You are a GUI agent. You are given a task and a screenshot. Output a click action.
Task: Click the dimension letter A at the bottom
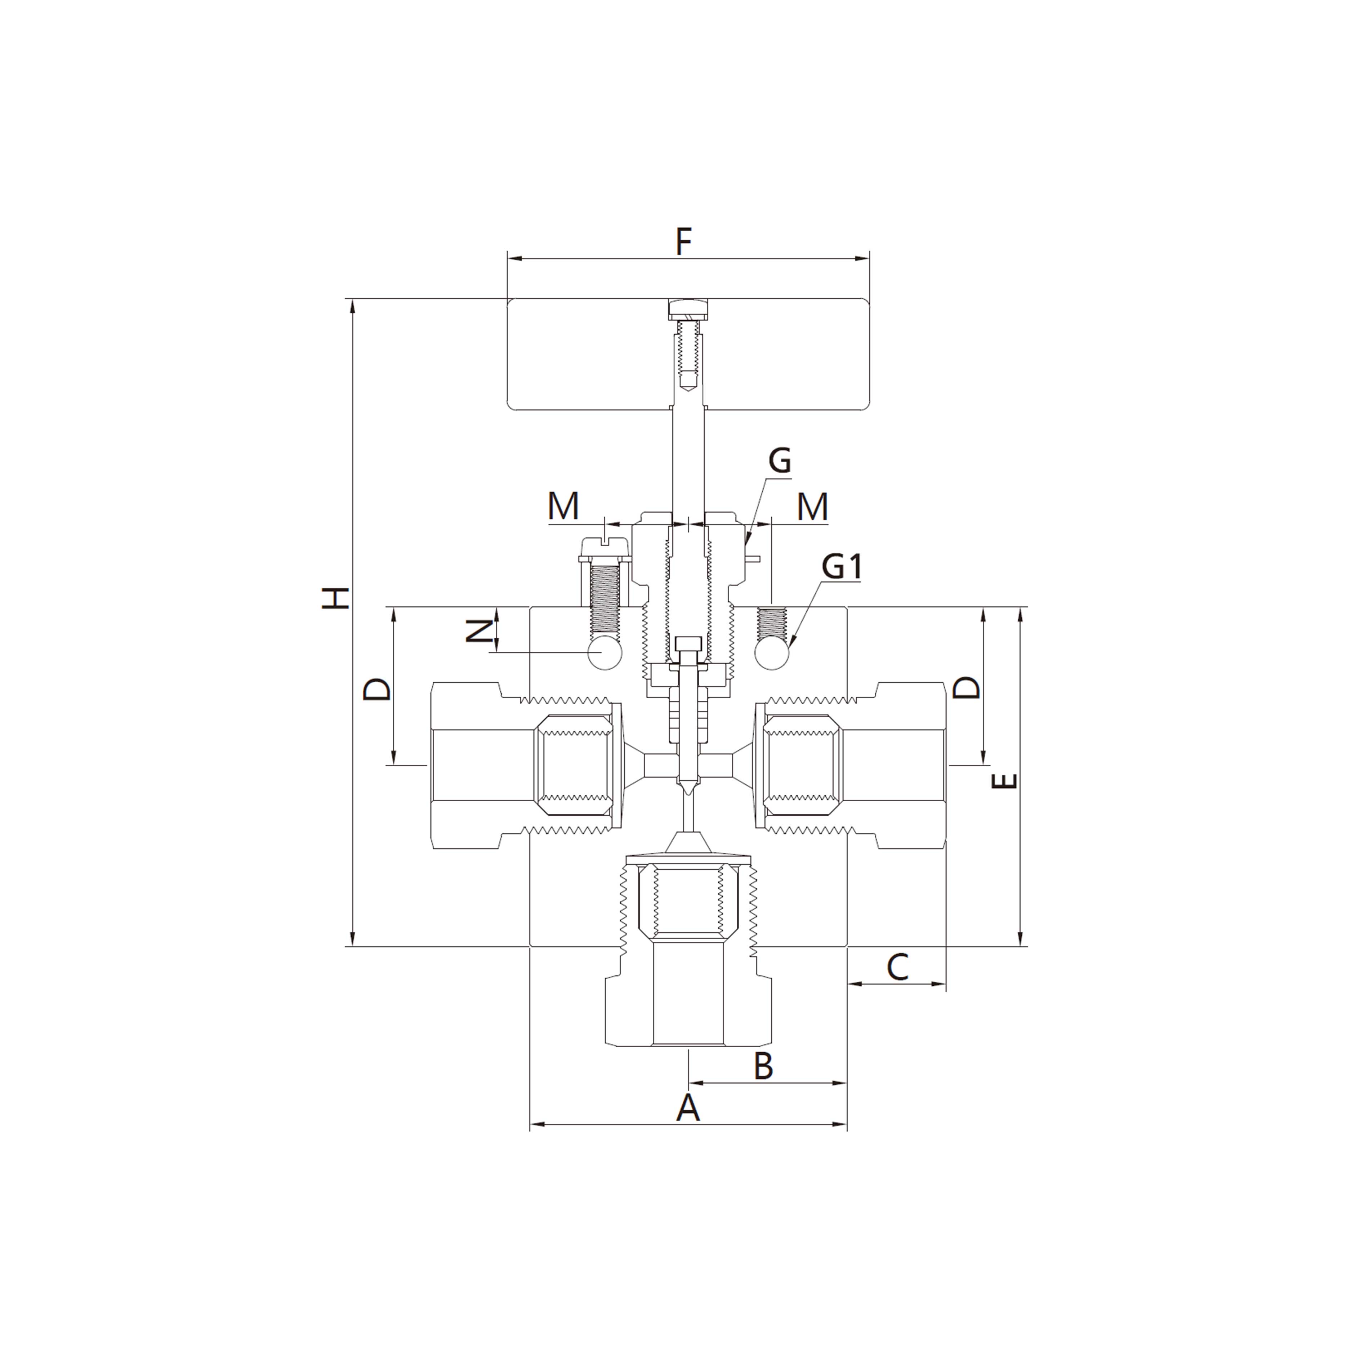coord(687,1107)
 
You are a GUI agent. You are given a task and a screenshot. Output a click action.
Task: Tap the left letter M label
coord(563,507)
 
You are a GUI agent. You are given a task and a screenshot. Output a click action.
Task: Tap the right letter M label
coord(812,507)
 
